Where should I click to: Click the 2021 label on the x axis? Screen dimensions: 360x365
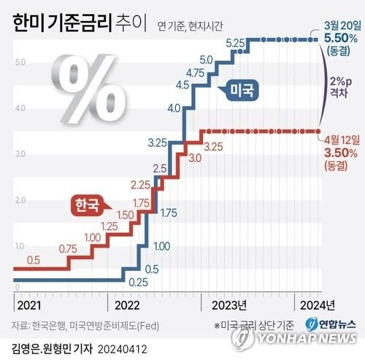point(30,305)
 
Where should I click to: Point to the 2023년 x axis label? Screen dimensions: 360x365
point(228,305)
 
